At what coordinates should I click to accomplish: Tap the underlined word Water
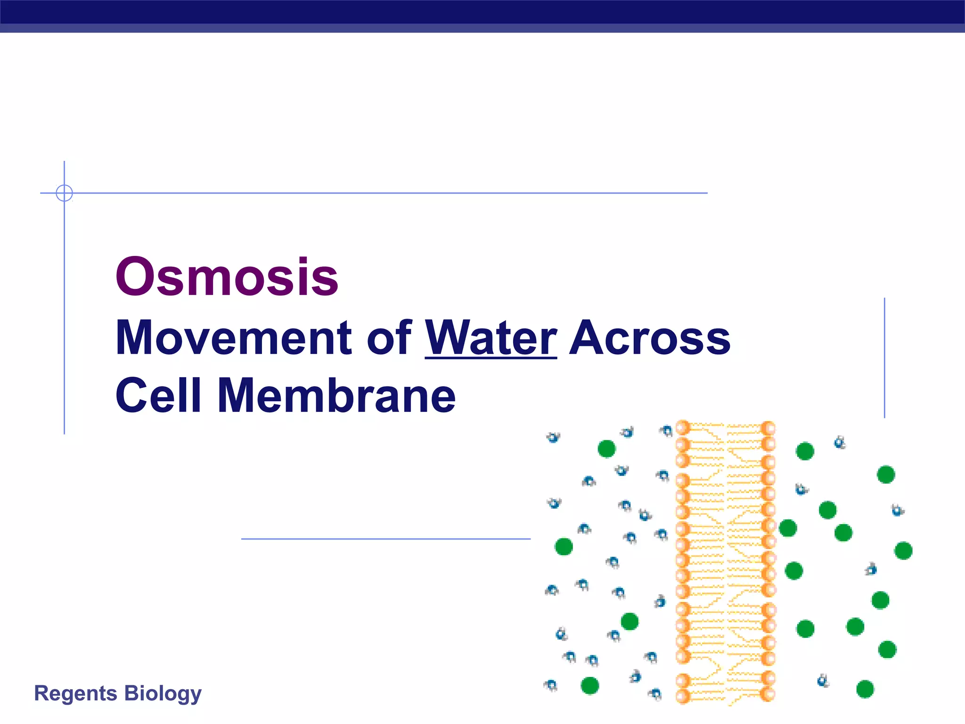pos(491,338)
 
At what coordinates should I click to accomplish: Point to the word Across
pos(650,338)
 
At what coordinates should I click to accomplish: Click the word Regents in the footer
pos(75,693)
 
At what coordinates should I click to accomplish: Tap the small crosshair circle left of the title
pos(64,193)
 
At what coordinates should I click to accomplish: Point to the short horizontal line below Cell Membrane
pos(385,539)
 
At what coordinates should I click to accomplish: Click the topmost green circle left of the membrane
pos(606,448)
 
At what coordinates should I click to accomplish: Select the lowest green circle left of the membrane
pos(589,685)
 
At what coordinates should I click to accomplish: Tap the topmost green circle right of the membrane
pos(805,451)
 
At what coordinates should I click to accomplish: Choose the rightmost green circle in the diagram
pos(903,551)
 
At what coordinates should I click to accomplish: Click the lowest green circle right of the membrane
pos(865,689)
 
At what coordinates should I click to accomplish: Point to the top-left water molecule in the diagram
pos(553,437)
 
